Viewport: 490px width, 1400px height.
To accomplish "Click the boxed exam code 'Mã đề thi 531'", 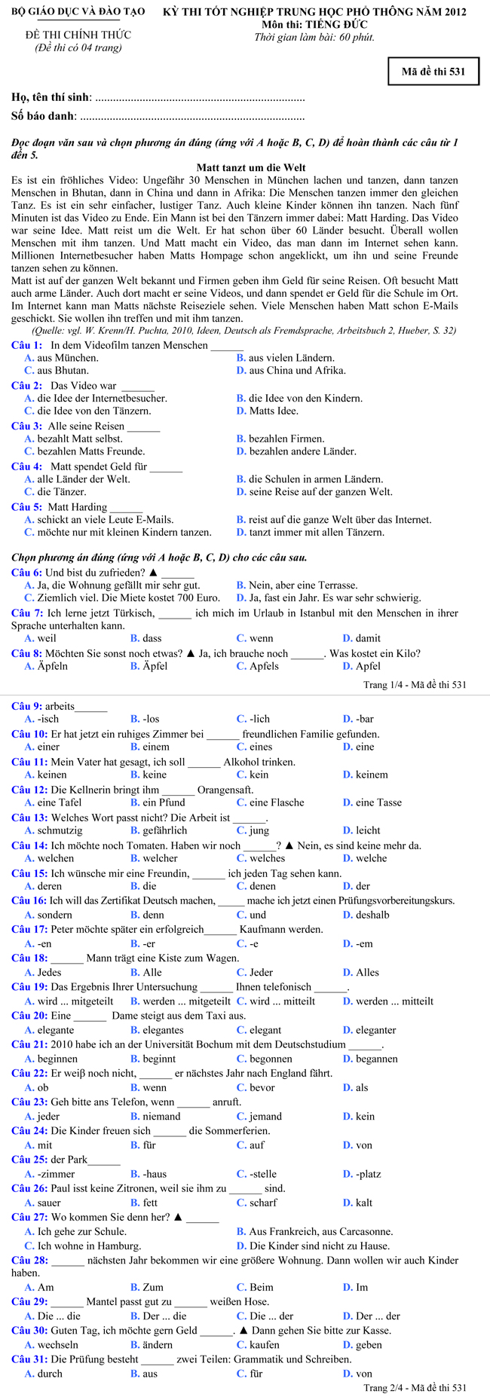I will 433,72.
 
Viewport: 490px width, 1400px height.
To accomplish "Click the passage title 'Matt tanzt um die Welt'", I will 251,167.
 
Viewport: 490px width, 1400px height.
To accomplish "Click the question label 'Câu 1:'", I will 26,345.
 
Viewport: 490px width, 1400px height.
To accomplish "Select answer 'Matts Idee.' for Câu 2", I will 274,411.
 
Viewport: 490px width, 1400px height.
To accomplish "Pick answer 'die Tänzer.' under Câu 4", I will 61,492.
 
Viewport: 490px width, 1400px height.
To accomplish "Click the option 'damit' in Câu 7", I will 368,638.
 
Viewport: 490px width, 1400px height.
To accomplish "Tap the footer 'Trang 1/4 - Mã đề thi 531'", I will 415,684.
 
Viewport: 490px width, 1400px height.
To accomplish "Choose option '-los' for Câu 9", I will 151,719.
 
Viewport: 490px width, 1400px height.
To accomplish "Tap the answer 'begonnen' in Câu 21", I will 271,1059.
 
